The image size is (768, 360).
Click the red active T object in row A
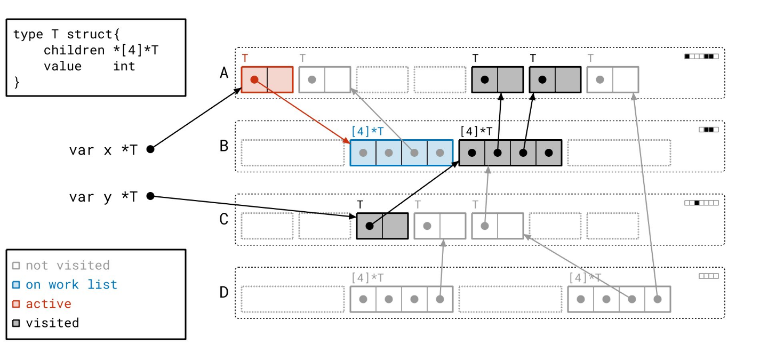(267, 79)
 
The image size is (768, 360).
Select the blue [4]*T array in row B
(401, 153)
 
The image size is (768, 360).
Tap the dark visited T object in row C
(382, 226)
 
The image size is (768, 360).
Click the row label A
(225, 73)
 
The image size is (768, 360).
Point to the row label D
(225, 292)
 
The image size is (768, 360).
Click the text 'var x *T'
(103, 150)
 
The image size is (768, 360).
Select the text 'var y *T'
(103, 197)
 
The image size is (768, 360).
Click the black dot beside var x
(150, 149)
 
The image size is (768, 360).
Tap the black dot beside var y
(150, 196)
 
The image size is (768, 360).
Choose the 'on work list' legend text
(71, 285)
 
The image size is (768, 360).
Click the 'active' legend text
(49, 304)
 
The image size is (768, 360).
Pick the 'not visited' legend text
(68, 266)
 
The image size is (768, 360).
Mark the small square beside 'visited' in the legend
(16, 323)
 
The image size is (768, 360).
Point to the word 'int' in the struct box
(124, 66)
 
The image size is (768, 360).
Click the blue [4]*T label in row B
(367, 130)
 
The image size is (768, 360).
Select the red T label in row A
(245, 58)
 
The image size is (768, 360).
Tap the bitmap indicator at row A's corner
(701, 56)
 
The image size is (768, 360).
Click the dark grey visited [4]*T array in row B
(510, 153)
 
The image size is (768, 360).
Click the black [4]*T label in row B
(476, 130)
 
